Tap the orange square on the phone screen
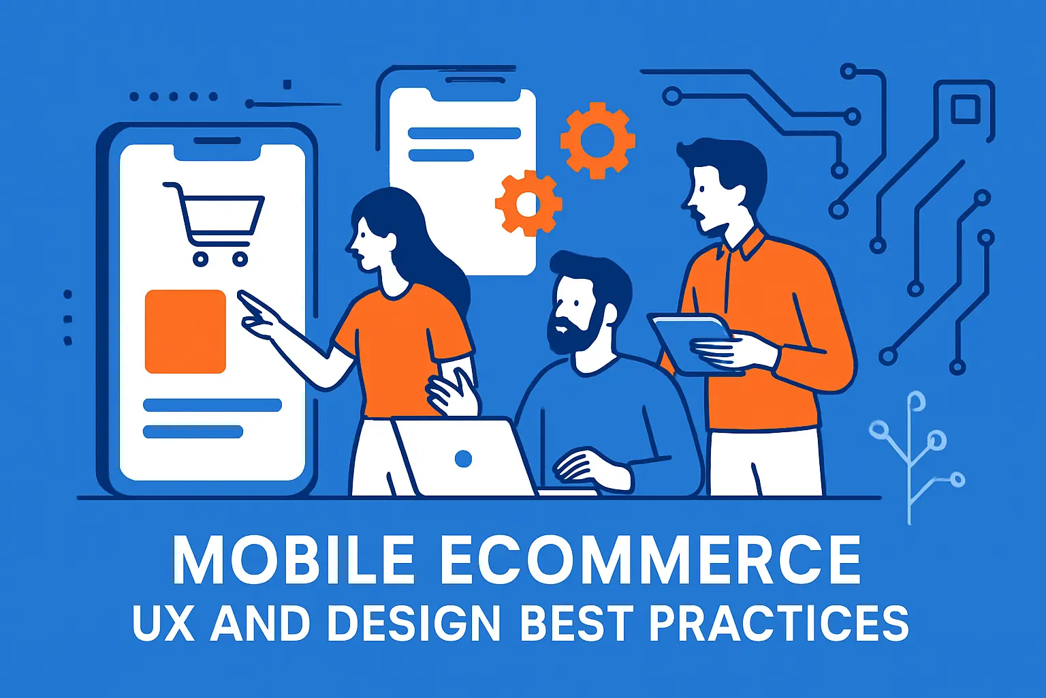pyautogui.click(x=185, y=331)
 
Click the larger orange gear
pyautogui.click(x=597, y=140)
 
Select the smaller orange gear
pyautogui.click(x=528, y=203)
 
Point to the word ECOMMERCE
pyautogui.click(x=650, y=560)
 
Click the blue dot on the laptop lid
pyautogui.click(x=463, y=459)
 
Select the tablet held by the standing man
pyautogui.click(x=688, y=341)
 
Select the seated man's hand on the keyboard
pyautogui.click(x=586, y=468)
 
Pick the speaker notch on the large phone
pyautogui.click(x=217, y=141)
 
